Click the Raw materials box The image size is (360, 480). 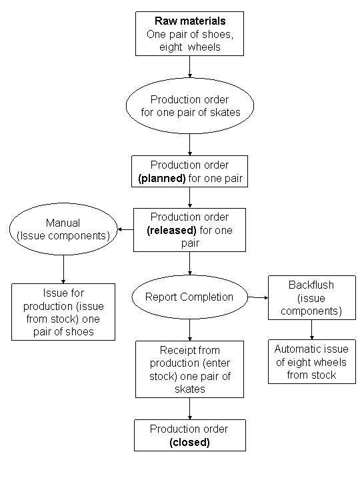[x=191, y=33]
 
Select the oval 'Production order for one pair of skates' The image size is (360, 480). [x=191, y=105]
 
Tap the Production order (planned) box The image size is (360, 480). [x=190, y=171]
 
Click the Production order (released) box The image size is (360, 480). [x=190, y=229]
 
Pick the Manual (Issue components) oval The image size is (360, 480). [x=63, y=229]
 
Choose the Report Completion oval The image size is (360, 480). [x=189, y=297]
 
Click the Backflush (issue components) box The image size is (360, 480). [x=312, y=297]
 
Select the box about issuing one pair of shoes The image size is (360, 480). [x=63, y=311]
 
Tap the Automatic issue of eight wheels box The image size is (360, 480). [x=312, y=361]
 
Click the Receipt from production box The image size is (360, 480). [x=190, y=369]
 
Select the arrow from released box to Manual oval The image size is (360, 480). [x=125, y=230]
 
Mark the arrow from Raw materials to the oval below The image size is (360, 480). [x=191, y=67]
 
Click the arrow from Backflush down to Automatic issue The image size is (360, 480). [x=312, y=329]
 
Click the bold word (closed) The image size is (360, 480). [x=189, y=442]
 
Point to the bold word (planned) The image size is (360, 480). [x=165, y=178]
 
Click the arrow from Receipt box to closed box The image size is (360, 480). [x=190, y=408]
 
